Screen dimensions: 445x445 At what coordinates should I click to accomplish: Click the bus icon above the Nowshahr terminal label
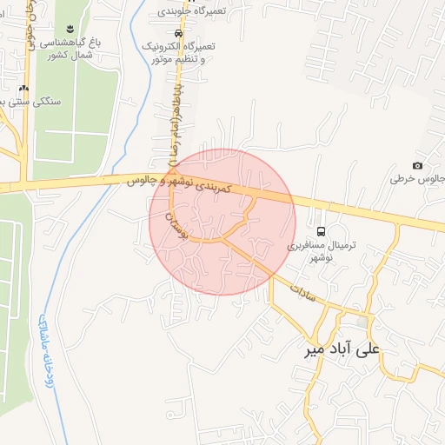pos(322,231)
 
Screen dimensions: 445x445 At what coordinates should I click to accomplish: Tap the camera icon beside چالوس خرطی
pos(417,166)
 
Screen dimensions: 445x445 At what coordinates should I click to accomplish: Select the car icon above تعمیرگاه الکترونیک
pos(178,32)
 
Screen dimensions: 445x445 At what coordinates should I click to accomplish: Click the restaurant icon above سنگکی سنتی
pos(23,88)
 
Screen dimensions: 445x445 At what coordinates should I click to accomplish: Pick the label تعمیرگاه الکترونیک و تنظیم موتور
pos(177,52)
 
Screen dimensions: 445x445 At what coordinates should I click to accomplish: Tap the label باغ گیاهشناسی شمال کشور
pos(74,47)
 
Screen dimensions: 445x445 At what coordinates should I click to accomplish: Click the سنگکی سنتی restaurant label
pos(41,102)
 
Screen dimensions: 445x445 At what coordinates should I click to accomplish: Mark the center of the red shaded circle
pos(222,222)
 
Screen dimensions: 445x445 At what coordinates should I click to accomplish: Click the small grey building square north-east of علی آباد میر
pos(362,322)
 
